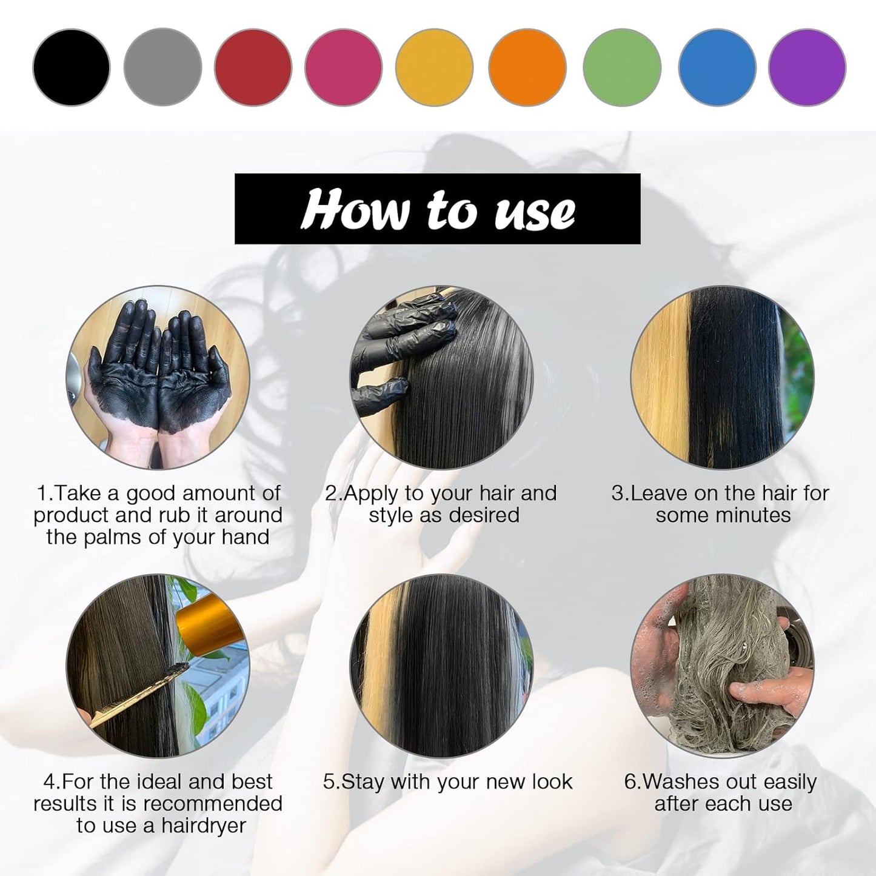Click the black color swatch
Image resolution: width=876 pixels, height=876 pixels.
click(72, 67)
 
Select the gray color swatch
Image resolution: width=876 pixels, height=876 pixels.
click(162, 67)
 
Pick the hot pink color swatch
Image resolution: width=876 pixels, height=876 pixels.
click(344, 67)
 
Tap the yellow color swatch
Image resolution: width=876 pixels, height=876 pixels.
click(434, 67)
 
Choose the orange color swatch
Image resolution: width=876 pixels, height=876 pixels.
click(527, 67)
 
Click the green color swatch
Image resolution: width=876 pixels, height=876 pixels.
click(622, 67)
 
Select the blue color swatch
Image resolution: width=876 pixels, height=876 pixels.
click(717, 67)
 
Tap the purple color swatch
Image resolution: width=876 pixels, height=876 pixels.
click(807, 67)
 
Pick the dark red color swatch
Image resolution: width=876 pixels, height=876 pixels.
click(253, 67)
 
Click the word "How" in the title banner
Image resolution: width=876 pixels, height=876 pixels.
click(355, 210)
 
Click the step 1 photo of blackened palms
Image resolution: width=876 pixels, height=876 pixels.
click(158, 377)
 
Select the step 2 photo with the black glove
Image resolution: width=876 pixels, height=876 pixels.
click(441, 377)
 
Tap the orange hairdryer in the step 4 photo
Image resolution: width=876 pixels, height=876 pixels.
click(209, 624)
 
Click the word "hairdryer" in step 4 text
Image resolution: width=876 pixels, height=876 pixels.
click(204, 826)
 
